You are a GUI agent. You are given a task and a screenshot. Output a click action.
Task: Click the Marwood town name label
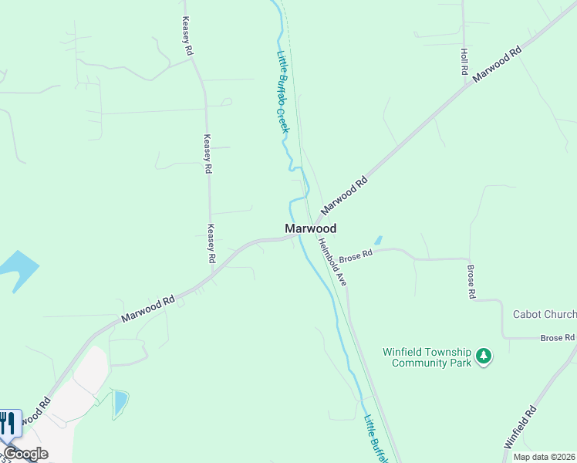(310, 228)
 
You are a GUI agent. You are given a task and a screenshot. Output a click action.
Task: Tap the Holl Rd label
(464, 61)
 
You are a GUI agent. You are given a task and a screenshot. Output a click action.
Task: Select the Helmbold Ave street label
(332, 262)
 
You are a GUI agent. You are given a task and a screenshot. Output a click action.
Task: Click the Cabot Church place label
(545, 314)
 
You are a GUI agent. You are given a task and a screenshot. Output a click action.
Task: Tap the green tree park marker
(484, 356)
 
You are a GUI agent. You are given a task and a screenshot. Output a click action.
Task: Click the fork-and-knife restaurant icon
(8, 423)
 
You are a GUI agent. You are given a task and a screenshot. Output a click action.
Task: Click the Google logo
(26, 454)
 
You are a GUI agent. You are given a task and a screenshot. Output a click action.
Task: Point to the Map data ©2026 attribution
(544, 457)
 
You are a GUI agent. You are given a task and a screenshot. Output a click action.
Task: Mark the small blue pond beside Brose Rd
(377, 241)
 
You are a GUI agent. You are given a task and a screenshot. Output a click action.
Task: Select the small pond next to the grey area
(120, 403)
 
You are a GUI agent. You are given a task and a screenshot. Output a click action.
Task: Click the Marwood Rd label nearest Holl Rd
(498, 65)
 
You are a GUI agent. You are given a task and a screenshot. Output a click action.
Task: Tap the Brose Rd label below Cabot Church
(558, 338)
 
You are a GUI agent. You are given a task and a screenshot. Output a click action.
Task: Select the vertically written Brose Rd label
(471, 282)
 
